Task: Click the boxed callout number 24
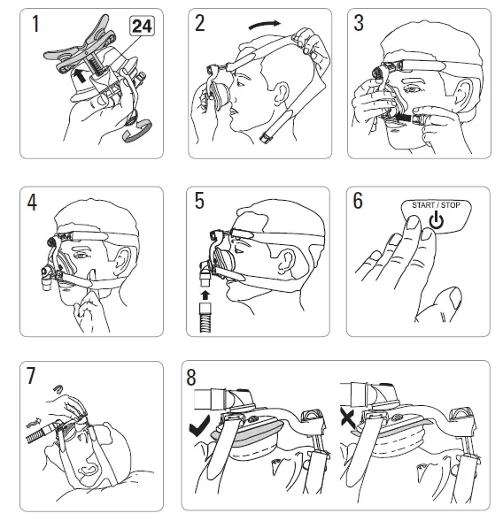click(x=142, y=26)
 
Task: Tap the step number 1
click(x=35, y=24)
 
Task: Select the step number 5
click(x=199, y=201)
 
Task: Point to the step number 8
click(x=191, y=377)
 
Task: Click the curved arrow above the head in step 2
click(x=265, y=24)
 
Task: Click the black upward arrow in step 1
click(x=80, y=75)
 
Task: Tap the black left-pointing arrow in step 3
click(x=403, y=117)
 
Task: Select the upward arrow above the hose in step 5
click(x=205, y=295)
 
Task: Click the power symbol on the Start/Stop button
click(x=436, y=221)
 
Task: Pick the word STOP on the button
click(x=451, y=205)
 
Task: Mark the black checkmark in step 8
click(x=199, y=425)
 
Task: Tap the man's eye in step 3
click(x=412, y=89)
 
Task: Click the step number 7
click(x=31, y=375)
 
